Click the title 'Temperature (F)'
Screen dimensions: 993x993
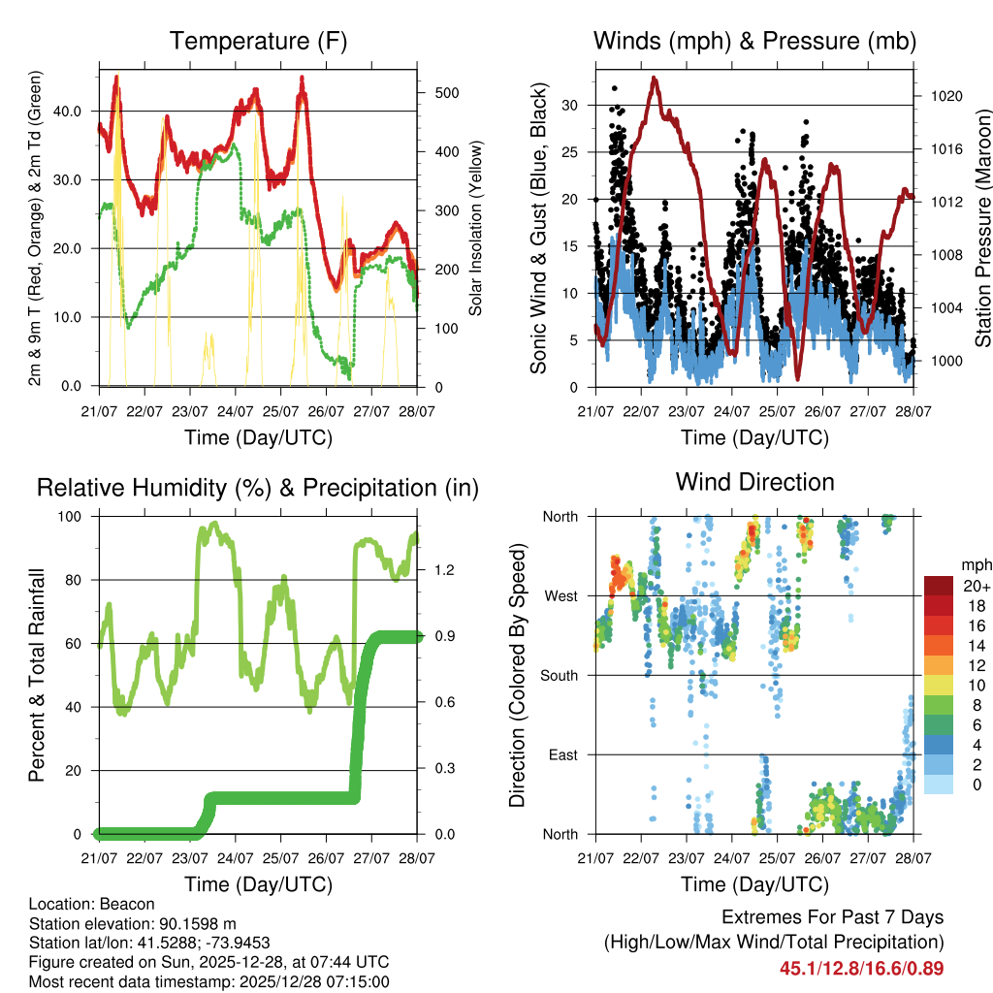258,41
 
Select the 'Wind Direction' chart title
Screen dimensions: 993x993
754,481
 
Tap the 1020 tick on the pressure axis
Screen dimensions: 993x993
944,96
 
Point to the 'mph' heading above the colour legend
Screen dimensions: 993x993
975,564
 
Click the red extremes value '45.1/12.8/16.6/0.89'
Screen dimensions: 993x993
861,968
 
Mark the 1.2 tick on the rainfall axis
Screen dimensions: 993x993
442,570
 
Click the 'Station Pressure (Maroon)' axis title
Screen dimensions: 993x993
982,216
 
